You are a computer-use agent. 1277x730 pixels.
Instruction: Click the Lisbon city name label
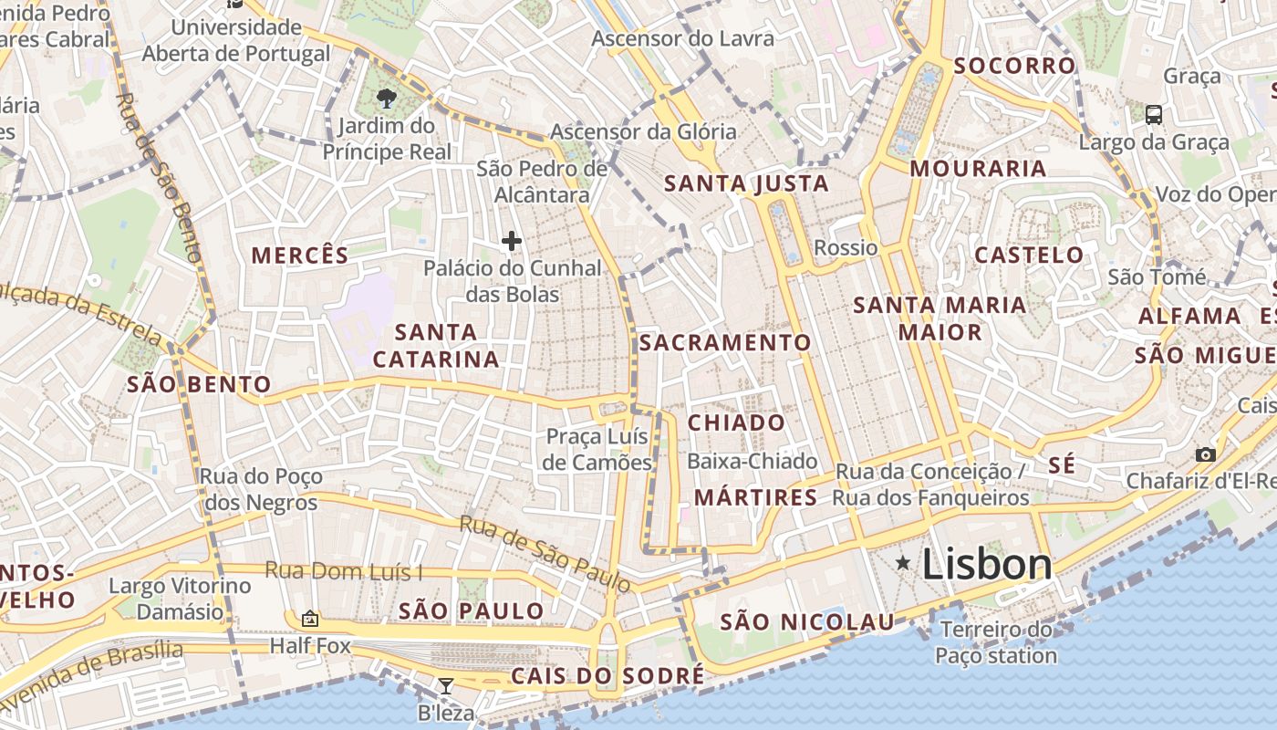(987, 565)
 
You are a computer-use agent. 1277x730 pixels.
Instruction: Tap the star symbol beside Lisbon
(903, 563)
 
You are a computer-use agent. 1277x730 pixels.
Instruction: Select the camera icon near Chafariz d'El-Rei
(1206, 454)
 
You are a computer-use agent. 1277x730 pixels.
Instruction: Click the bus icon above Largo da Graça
(1154, 115)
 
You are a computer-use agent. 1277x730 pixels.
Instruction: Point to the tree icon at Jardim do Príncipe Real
(387, 98)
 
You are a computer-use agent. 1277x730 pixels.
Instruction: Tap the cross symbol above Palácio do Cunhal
(512, 241)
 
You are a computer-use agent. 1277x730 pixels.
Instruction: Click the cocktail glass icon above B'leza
(446, 686)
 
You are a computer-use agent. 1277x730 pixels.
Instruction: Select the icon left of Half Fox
(310, 619)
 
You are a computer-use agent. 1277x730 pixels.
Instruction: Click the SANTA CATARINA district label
(436, 346)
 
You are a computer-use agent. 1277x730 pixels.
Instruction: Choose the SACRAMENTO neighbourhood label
(725, 343)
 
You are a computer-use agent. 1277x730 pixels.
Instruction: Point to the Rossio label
(846, 248)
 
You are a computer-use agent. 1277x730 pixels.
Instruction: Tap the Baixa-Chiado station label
(753, 462)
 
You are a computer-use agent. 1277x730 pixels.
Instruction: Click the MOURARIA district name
(978, 169)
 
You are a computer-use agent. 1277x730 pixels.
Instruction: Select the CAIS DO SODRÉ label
(607, 676)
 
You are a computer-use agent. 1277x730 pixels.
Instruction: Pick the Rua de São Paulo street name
(545, 553)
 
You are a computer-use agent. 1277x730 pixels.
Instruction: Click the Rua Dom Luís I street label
(344, 571)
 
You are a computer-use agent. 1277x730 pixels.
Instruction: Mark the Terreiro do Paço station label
(996, 642)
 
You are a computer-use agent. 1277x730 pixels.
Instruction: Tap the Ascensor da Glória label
(643, 131)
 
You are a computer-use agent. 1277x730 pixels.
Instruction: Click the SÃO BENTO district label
(199, 385)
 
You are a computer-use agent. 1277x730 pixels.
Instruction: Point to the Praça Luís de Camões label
(597, 449)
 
